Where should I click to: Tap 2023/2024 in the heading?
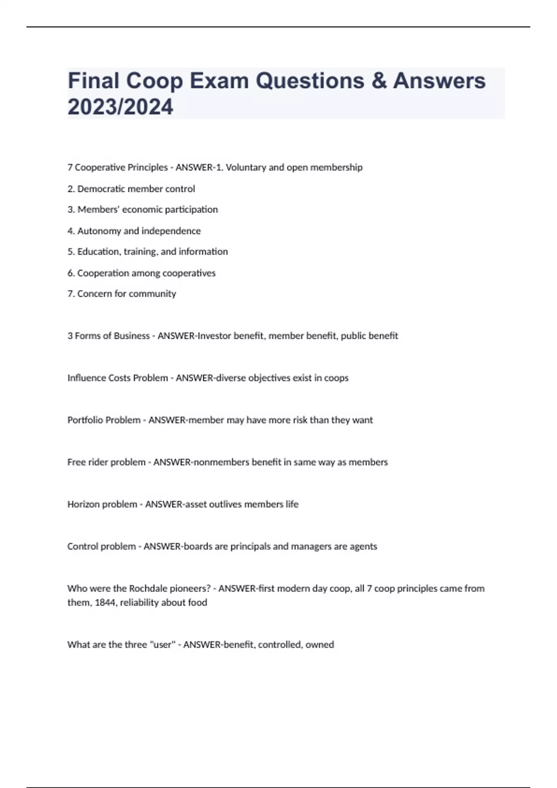click(120, 107)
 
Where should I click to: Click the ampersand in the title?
click(379, 81)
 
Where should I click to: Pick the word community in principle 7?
click(155, 294)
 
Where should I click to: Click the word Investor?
click(214, 336)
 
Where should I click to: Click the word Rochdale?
click(149, 589)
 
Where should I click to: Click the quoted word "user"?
click(162, 645)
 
